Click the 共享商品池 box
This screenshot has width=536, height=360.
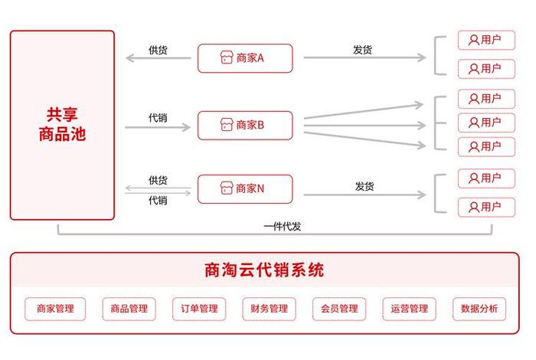(62, 126)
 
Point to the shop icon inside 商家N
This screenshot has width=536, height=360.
(227, 188)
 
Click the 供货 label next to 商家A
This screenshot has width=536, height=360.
(159, 50)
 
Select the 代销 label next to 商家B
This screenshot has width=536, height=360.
(159, 118)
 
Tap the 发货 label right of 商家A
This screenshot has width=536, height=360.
(363, 50)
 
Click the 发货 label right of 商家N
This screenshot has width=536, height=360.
(364, 186)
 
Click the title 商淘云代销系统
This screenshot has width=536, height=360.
(264, 270)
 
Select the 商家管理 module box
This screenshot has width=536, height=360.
(55, 309)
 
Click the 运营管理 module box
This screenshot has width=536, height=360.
(409, 309)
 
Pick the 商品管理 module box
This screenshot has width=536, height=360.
(129, 309)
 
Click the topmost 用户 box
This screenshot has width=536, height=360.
(486, 41)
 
